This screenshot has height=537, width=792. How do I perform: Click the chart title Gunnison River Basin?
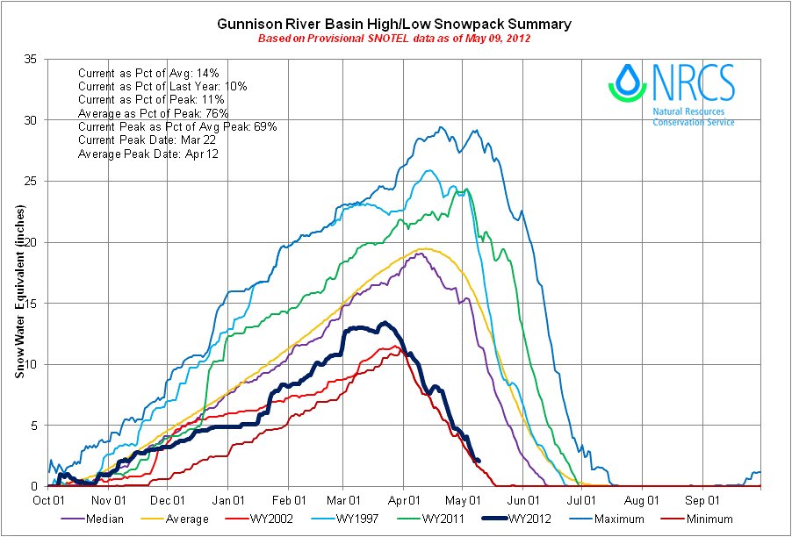[x=394, y=24]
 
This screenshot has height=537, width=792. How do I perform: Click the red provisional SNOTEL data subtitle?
[x=394, y=39]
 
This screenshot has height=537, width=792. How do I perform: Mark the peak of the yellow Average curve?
[x=424, y=248]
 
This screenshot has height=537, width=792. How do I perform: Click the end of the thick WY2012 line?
[x=478, y=461]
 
